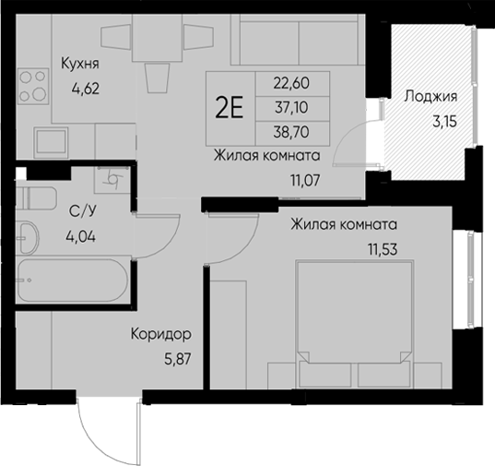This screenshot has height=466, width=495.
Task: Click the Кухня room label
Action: point(79,64)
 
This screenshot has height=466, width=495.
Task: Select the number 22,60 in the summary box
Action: point(292,84)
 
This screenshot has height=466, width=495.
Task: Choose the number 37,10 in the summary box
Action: point(292,107)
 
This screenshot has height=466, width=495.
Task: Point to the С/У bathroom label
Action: point(81,211)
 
